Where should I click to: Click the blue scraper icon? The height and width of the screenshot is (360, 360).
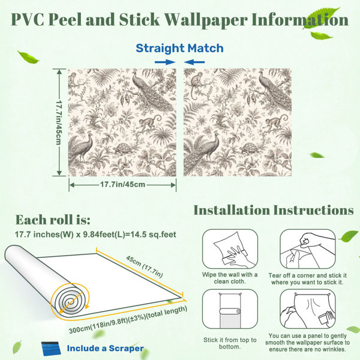click(x=51, y=349)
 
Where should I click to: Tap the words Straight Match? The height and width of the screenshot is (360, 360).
click(x=179, y=48)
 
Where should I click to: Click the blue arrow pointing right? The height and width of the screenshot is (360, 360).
click(x=165, y=62)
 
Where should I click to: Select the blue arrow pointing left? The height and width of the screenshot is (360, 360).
click(x=194, y=62)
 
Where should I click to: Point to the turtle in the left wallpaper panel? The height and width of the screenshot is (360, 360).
click(x=123, y=149)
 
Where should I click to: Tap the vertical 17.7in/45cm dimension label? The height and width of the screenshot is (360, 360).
click(x=59, y=122)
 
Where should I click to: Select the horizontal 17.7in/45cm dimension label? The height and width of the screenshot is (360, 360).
click(x=122, y=184)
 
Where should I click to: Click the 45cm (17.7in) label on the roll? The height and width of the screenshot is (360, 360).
click(x=145, y=266)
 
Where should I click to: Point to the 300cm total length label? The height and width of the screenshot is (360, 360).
click(x=128, y=320)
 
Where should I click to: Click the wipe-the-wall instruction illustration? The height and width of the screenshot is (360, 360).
click(x=230, y=249)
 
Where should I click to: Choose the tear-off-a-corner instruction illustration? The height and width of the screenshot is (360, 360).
click(x=308, y=249)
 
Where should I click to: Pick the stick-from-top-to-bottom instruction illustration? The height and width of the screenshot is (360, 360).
click(x=230, y=309)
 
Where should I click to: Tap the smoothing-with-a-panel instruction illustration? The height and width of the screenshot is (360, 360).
click(x=308, y=309)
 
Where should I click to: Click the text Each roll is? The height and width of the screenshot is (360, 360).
click(x=53, y=220)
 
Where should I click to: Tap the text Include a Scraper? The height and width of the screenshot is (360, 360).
click(x=106, y=348)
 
